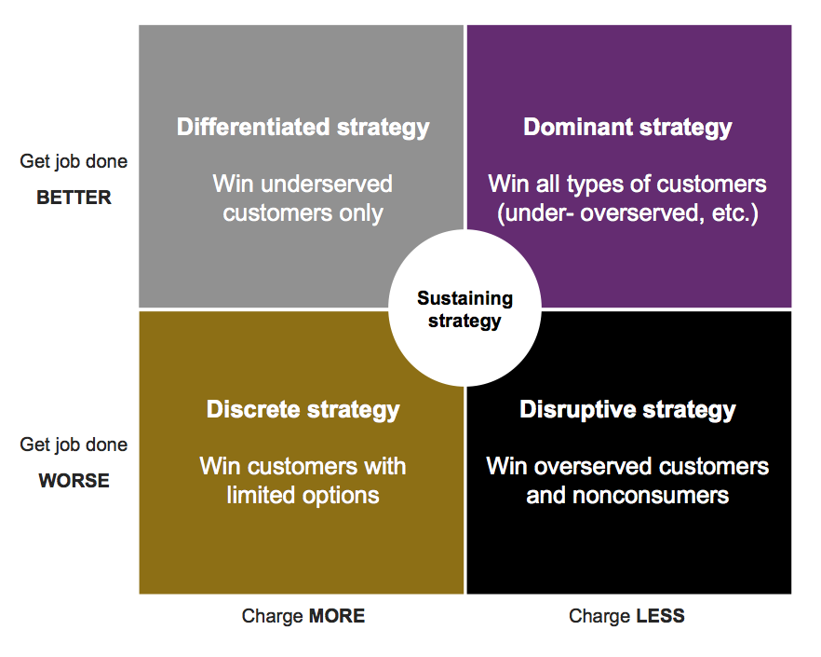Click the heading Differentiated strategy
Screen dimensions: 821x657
tap(303, 128)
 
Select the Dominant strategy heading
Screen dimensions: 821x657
tap(627, 128)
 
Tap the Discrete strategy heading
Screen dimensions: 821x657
tap(303, 410)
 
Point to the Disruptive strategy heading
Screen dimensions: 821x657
tap(627, 410)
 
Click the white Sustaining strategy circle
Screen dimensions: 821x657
tap(465, 309)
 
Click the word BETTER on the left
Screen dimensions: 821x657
tap(74, 198)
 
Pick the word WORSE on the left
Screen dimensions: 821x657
tap(74, 480)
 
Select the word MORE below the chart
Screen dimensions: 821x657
tap(337, 616)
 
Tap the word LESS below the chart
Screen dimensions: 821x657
tap(660, 616)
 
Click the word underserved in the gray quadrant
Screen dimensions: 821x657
tap(326, 184)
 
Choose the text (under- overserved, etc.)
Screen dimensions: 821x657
tap(627, 213)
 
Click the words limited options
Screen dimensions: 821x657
tap(303, 496)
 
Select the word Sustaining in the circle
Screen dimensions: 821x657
tap(465, 298)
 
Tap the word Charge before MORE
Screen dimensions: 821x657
tap(272, 616)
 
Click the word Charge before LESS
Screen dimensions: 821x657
tap(599, 616)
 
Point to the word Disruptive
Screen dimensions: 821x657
tap(577, 410)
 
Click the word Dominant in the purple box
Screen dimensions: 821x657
tap(578, 128)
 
